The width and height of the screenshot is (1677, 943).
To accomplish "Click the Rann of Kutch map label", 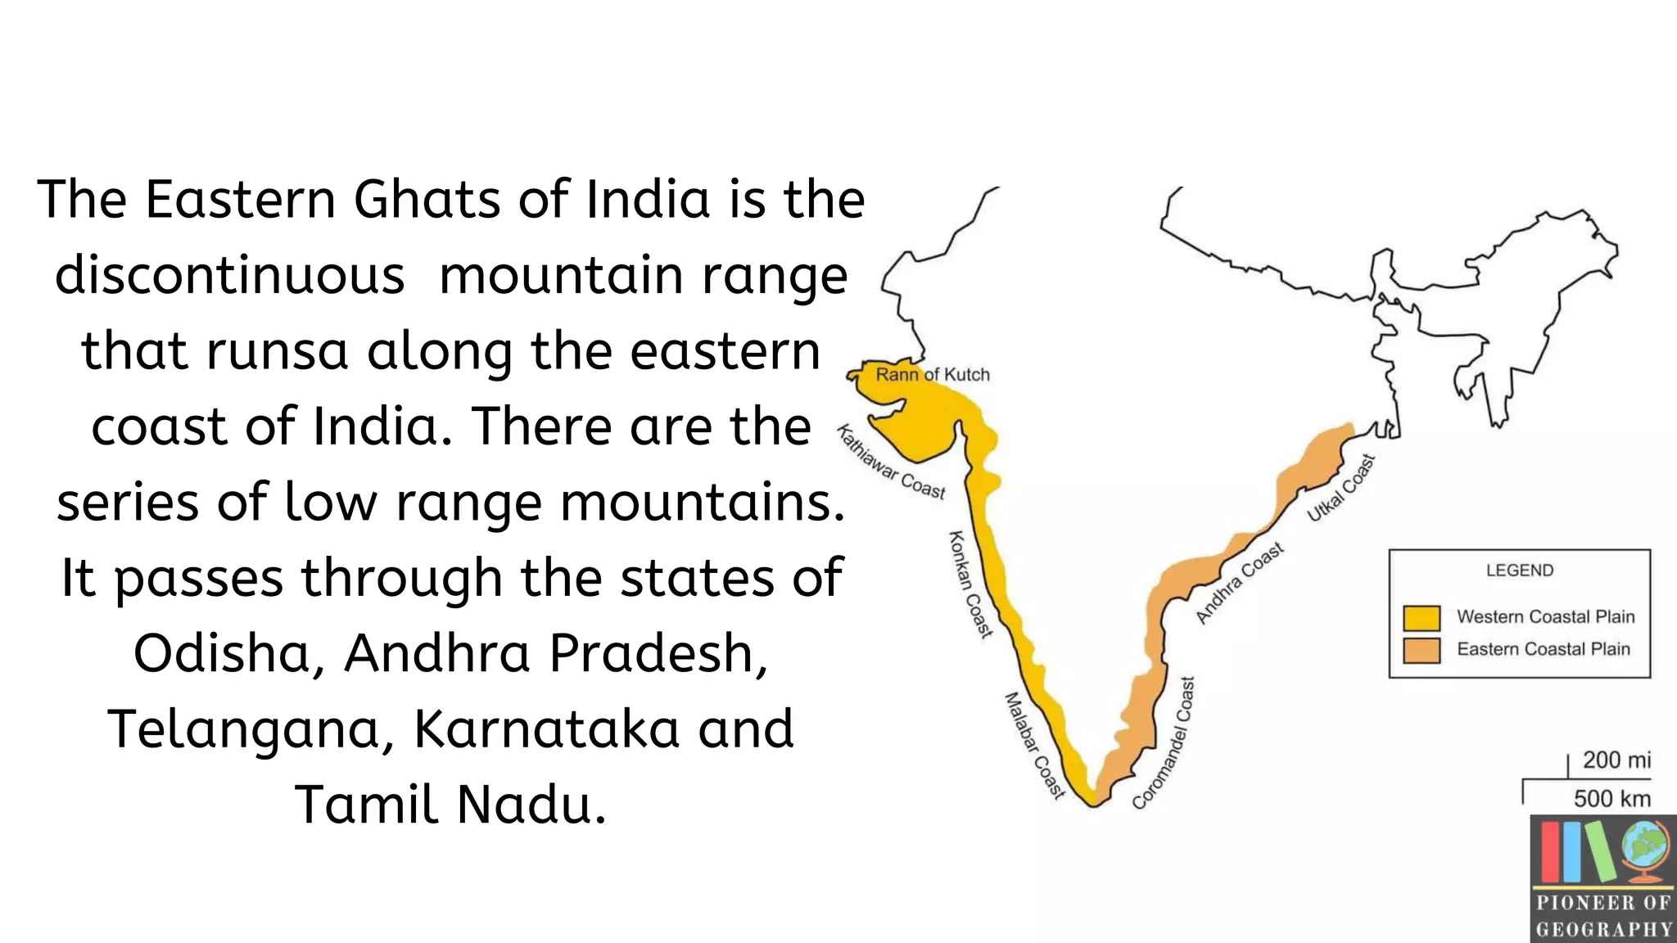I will click(x=933, y=375).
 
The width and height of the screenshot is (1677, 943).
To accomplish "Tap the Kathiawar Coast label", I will click(x=891, y=462).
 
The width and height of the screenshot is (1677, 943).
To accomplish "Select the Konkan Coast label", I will click(x=970, y=584).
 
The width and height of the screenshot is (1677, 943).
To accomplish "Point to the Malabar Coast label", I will click(x=1034, y=745).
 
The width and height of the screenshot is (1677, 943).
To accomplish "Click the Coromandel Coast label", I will click(x=1164, y=743).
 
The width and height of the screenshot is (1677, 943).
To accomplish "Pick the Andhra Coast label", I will click(x=1240, y=583).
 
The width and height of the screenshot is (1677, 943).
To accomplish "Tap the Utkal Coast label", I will click(x=1340, y=488).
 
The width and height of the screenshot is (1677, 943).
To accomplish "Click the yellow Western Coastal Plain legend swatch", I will click(x=1422, y=617).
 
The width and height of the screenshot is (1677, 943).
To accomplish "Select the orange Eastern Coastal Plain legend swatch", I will click(x=1422, y=650).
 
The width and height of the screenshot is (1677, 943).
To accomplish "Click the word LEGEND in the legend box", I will click(x=1520, y=571).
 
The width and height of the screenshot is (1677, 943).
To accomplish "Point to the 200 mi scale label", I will click(x=1616, y=760).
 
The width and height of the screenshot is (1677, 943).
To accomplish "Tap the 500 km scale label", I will click(x=1611, y=798).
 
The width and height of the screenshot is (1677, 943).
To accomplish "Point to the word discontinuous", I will click(x=230, y=275).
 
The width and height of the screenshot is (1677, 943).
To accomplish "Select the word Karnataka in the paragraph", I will click(x=546, y=729).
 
